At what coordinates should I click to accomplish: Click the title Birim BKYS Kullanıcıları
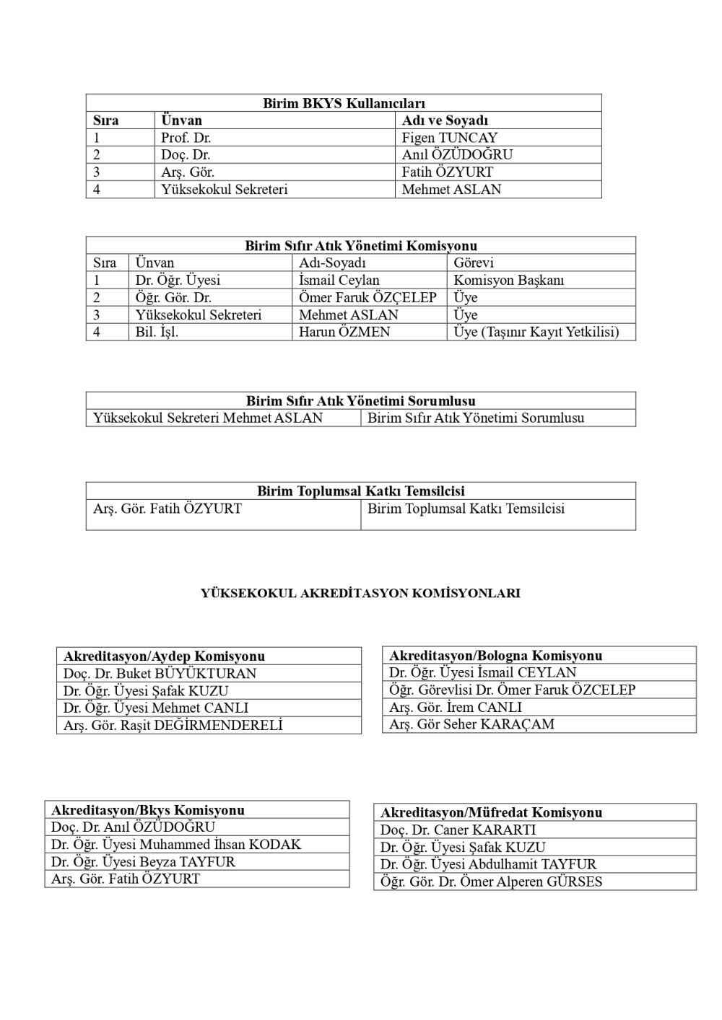[344, 103]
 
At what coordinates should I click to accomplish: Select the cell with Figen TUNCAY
[449, 138]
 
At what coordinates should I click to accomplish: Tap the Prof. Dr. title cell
[186, 138]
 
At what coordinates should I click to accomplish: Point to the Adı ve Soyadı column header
[445, 120]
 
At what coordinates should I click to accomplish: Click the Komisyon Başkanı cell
[508, 281]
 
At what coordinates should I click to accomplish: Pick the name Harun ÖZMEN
[344, 333]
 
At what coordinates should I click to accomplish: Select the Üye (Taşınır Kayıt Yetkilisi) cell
[536, 333]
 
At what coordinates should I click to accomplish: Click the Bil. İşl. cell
[157, 333]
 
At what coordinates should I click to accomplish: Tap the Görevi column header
[474, 263]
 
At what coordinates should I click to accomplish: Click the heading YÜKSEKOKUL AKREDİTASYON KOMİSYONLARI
[360, 594]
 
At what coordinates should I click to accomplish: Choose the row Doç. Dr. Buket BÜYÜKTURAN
[160, 674]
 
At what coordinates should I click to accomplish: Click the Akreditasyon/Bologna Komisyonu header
[495, 656]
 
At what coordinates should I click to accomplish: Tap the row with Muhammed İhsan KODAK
[175, 845]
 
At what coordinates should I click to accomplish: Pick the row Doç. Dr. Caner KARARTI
[458, 830]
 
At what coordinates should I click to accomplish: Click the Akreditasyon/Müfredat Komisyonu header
[491, 813]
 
